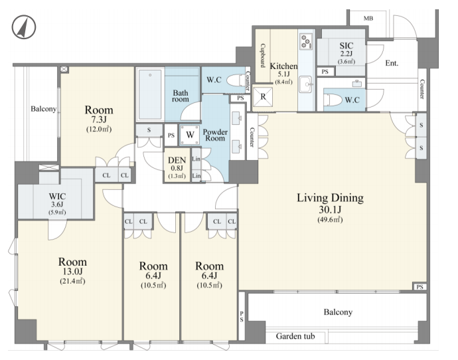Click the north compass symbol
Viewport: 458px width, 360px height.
pos(24,27)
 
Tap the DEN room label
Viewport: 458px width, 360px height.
pos(177,161)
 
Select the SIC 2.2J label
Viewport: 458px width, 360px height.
pos(346,49)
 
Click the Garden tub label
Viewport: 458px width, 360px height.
pos(295,336)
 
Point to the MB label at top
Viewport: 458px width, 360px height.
pos(368,19)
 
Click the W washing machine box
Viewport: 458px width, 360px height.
pos(190,135)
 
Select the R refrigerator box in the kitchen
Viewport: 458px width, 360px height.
pos(263,96)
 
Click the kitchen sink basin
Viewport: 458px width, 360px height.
pos(305,84)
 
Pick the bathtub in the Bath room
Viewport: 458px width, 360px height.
pos(150,94)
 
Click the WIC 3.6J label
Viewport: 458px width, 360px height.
pos(57,201)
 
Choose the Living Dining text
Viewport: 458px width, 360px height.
pos(331,198)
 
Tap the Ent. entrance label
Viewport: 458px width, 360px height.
pos(392,63)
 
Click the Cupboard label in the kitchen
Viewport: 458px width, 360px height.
pos(263,56)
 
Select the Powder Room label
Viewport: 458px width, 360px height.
pos(215,135)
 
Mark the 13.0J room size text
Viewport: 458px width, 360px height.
pos(72,272)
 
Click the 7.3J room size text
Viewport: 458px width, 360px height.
pos(99,120)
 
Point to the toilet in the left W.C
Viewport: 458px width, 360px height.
pos(236,80)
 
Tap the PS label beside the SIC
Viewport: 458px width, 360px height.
pos(325,72)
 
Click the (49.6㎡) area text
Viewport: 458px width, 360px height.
pos(330,220)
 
